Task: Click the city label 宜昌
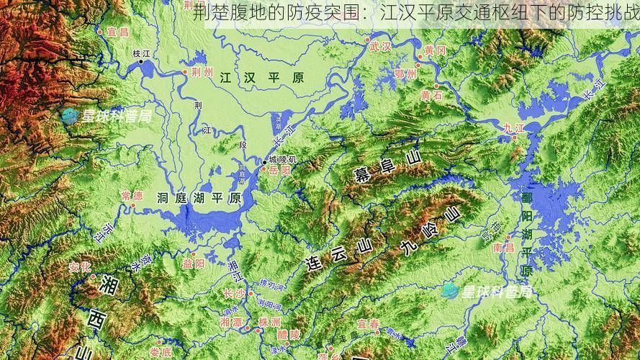pyautogui.click(x=117, y=32)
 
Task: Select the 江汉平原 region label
pyautogui.click(x=261, y=77)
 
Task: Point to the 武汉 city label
pyautogui.click(x=379, y=47)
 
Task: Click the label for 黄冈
pyautogui.click(x=435, y=50)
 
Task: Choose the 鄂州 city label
pyautogui.click(x=406, y=73)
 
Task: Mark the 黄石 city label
pyautogui.click(x=431, y=94)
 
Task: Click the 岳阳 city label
pyautogui.click(x=279, y=171)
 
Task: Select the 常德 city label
pyautogui.click(x=132, y=195)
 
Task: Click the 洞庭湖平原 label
pyautogui.click(x=199, y=199)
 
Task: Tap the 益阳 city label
pyautogui.click(x=194, y=264)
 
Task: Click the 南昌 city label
pyautogui.click(x=503, y=248)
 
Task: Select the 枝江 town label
pyautogui.click(x=141, y=54)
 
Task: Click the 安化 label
pyautogui.click(x=79, y=267)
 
